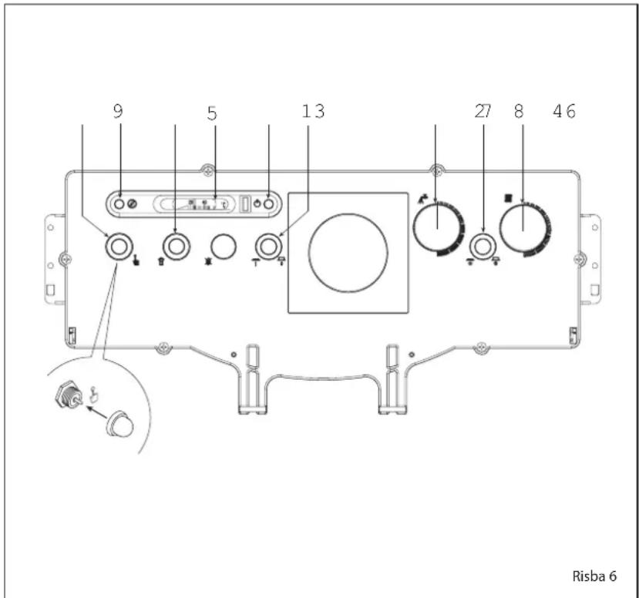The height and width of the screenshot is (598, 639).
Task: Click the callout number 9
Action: coord(118,111)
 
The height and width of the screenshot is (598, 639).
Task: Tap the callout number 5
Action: coord(212,113)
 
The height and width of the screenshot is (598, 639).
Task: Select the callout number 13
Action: coord(313,111)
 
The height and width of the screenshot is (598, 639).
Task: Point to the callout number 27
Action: coord(483,111)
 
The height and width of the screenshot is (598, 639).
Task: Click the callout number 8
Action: coord(519,111)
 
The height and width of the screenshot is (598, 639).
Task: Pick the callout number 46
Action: coord(564,111)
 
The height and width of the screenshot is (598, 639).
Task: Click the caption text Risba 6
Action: coord(594,576)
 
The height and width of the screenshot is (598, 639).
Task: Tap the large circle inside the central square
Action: coord(348,253)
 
